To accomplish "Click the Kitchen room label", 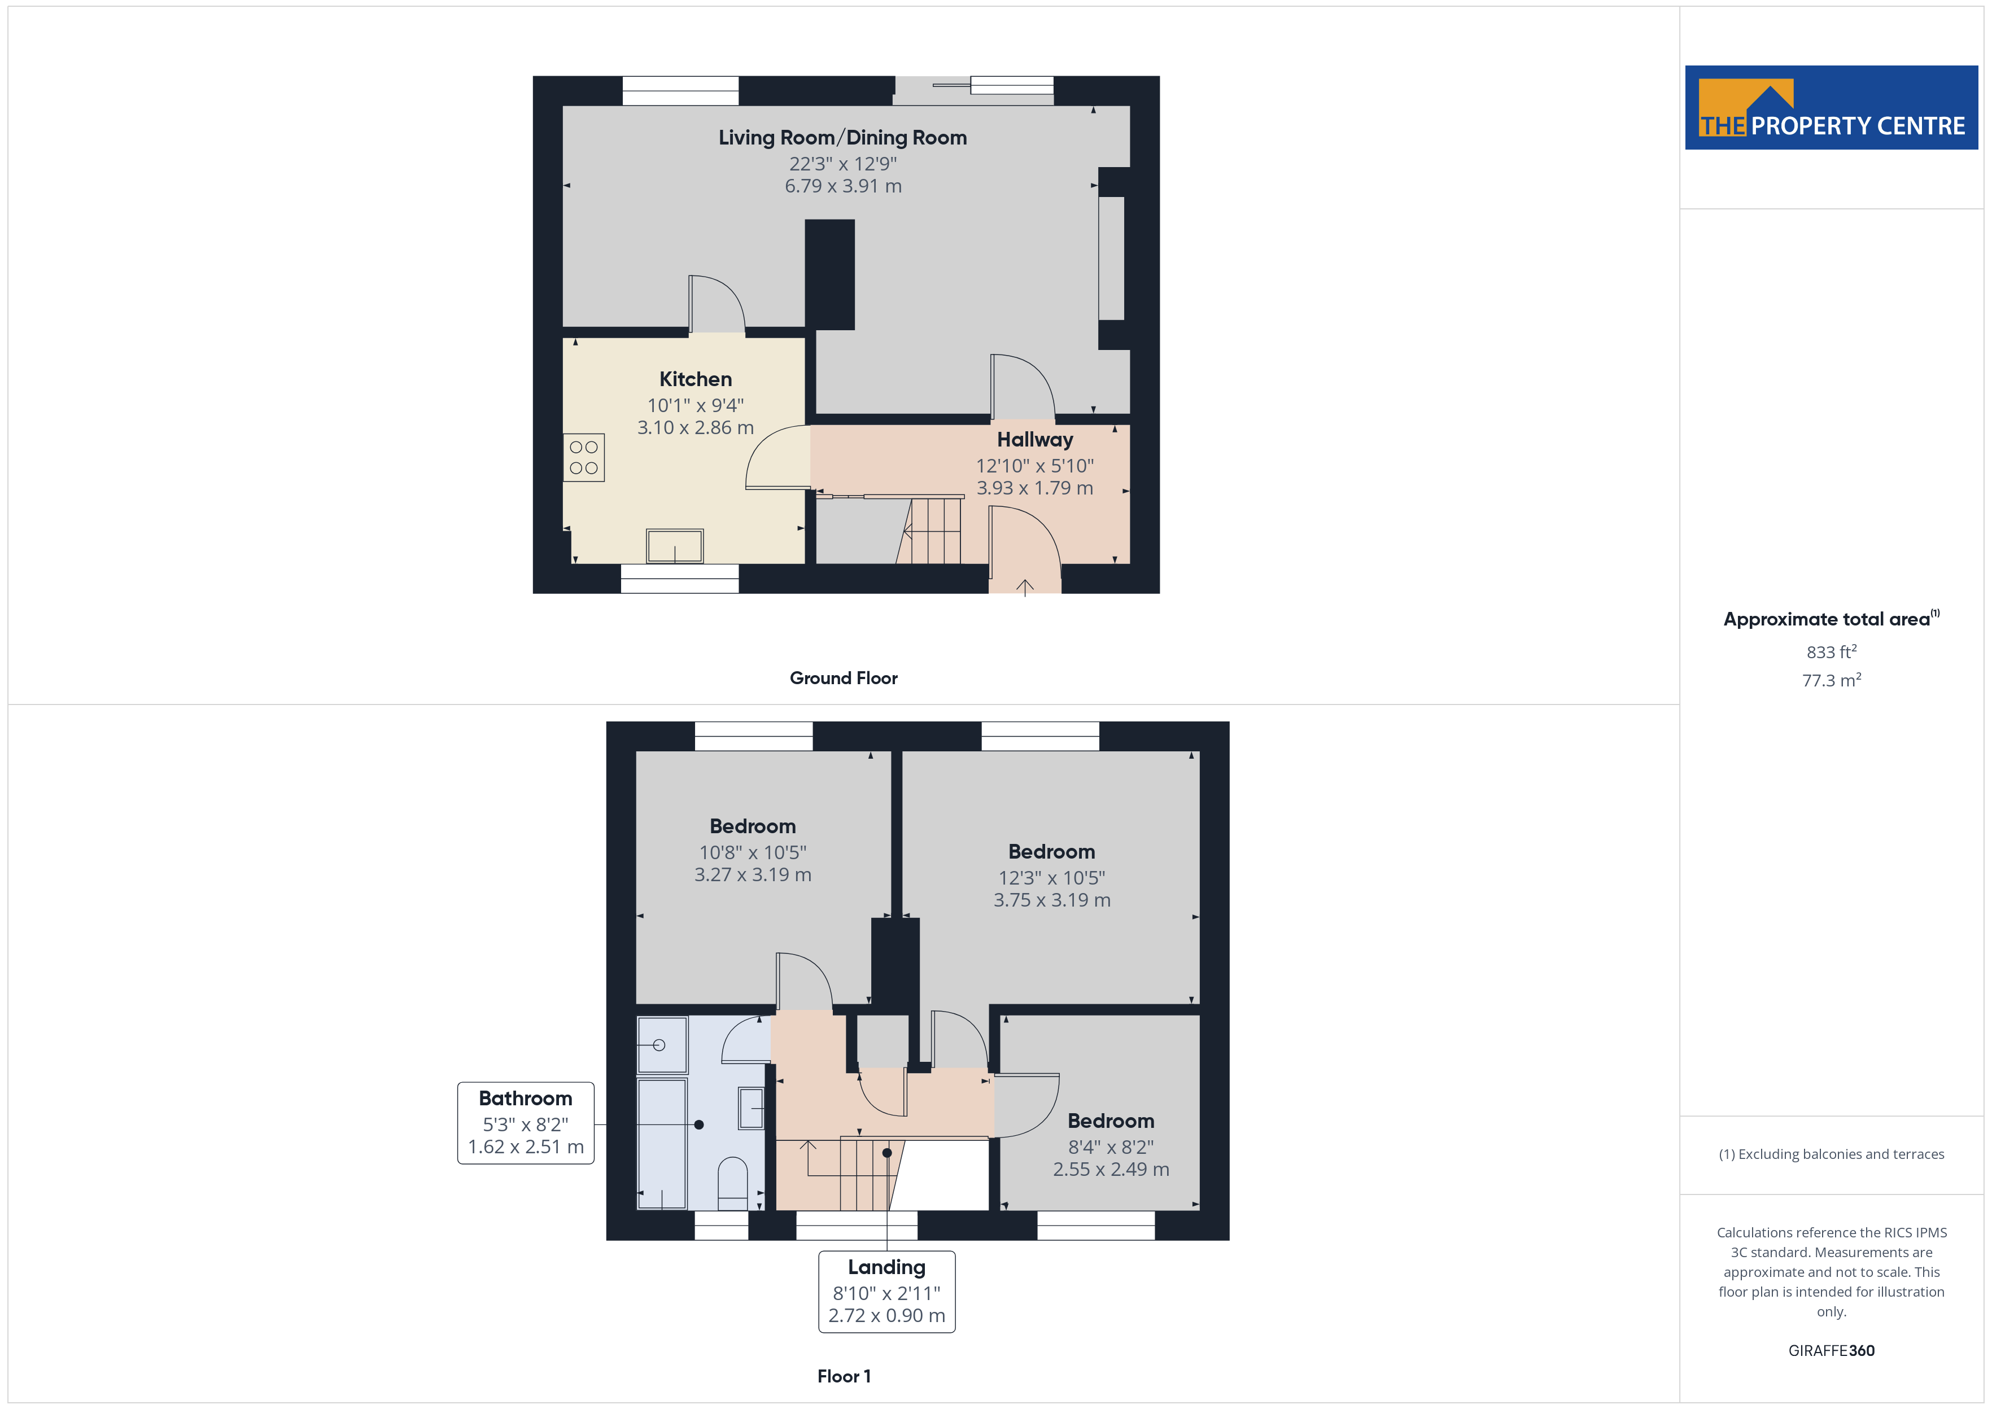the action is (x=695, y=379).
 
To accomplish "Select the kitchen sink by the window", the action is (x=674, y=546).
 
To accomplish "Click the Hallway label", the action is (x=1034, y=440).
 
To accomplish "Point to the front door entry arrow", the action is (x=1025, y=588).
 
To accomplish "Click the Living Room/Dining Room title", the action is (x=842, y=137).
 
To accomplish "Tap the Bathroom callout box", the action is (x=526, y=1123).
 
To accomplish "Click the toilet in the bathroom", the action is (x=733, y=1183).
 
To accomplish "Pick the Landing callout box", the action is (x=886, y=1291).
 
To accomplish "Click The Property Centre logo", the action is (x=1832, y=108).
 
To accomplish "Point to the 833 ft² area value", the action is (x=1832, y=651).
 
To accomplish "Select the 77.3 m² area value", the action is (x=1832, y=680).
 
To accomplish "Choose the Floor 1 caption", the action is (x=844, y=1377).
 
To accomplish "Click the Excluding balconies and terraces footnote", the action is (x=1832, y=1154).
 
